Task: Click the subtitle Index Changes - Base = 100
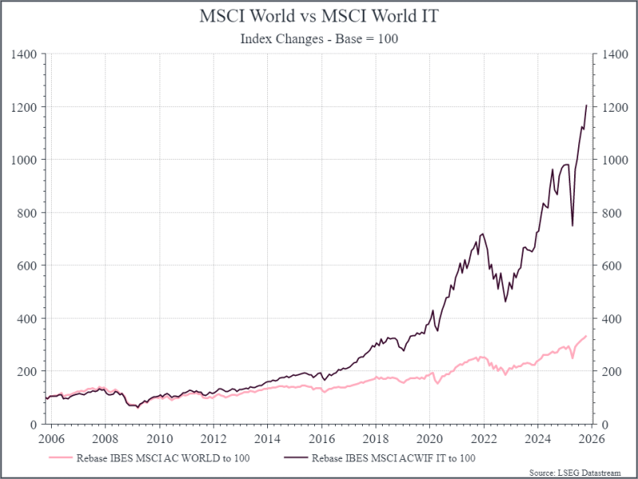(x=319, y=39)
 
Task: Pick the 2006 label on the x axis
(x=51, y=439)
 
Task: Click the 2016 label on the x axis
(x=321, y=439)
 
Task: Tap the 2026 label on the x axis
(x=591, y=439)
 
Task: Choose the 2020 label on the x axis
(x=429, y=439)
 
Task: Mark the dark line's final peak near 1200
(x=587, y=105)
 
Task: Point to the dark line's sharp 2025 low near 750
(x=573, y=225)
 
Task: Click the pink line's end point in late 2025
(x=587, y=336)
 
